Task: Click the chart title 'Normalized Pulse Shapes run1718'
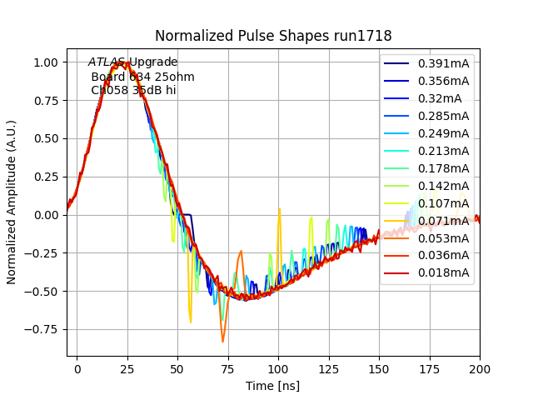coord(273,36)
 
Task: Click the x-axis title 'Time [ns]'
coord(273,386)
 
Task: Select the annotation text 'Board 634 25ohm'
coord(142,77)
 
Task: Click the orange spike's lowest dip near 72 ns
coord(222,342)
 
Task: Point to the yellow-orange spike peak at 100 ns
coord(279,209)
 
